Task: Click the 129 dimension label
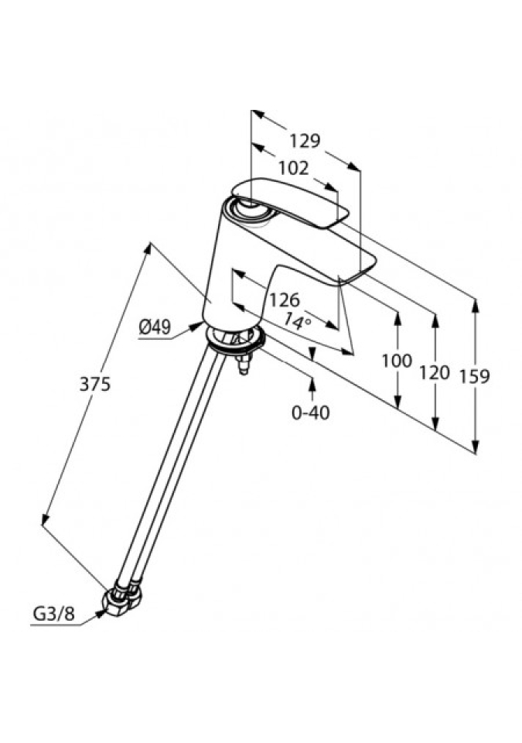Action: tap(305, 140)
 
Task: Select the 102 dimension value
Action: tap(293, 168)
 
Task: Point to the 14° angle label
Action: tap(296, 320)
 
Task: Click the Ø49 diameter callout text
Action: tap(155, 328)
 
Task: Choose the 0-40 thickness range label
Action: tap(311, 413)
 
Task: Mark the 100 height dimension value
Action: tap(397, 361)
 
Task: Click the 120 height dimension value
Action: tap(435, 372)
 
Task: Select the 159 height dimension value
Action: tap(474, 376)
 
